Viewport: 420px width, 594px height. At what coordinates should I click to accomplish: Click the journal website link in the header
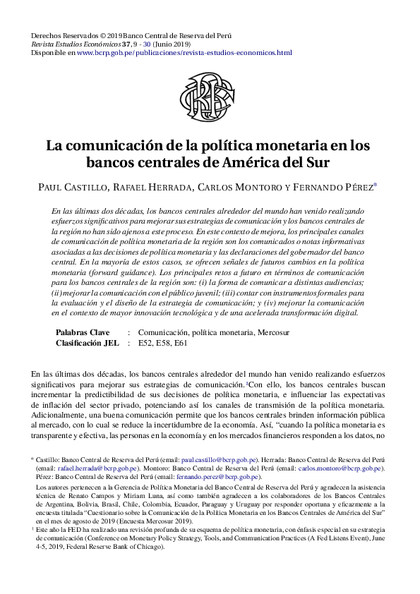point(184,52)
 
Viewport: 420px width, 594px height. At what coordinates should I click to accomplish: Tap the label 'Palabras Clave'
point(83,332)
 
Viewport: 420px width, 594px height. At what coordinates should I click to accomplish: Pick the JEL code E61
point(180,343)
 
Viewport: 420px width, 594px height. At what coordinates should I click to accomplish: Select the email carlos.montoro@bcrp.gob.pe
point(340,467)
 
